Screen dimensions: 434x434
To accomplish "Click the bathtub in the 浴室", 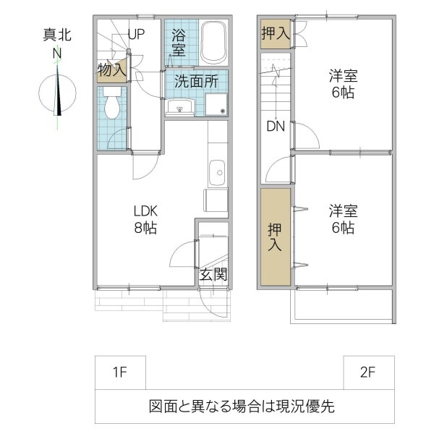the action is [213, 43].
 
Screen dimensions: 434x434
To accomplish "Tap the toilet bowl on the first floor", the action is [112, 103].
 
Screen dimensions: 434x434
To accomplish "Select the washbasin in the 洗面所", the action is [181, 107].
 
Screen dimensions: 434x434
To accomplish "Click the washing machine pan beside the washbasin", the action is [216, 104].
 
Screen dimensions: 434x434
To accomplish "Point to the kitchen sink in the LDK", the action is [217, 173].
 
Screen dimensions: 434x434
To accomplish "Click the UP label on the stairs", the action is [136, 34].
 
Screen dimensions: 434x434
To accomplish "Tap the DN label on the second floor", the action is [276, 127].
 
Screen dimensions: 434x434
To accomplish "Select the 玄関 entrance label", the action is [213, 274].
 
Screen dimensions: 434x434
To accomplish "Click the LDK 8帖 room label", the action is [145, 219].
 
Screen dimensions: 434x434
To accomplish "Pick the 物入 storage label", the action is [112, 69].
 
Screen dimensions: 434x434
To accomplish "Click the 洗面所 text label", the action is [196, 81].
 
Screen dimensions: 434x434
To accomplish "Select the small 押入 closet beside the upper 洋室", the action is [276, 34].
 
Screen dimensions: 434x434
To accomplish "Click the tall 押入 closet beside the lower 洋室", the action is [276, 237].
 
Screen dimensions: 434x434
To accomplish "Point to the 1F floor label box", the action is [120, 373].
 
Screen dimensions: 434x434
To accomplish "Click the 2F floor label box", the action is [369, 373].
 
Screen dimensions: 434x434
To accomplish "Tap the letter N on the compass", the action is [57, 54].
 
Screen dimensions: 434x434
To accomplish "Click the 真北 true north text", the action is [57, 35].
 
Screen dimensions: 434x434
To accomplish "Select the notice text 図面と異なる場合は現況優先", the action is [242, 407].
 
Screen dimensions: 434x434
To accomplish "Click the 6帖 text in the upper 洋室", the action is [343, 93].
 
